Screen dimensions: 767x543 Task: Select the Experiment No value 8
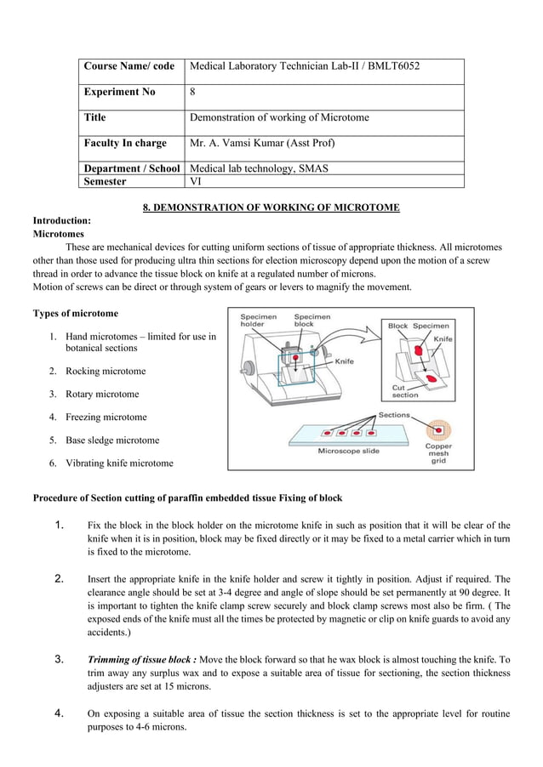192,92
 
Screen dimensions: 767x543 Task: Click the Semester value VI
195,181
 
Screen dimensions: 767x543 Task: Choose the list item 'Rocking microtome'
106,371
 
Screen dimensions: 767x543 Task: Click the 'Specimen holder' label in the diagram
258,321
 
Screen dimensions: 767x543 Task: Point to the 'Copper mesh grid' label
438,453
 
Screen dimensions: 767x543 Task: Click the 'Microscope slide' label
349,451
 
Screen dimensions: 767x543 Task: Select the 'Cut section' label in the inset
404,390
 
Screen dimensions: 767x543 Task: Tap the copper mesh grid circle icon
439,429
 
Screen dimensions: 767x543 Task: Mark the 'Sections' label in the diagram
394,415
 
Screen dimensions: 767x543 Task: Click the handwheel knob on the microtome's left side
249,369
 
